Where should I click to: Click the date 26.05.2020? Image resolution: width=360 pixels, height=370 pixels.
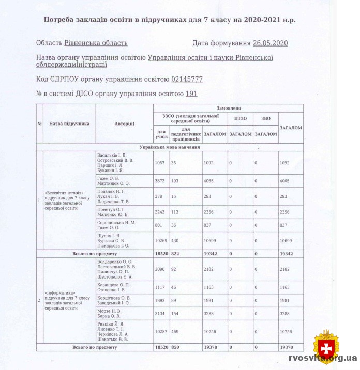[x=270, y=43]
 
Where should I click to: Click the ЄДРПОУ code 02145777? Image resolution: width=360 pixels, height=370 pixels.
[x=187, y=79]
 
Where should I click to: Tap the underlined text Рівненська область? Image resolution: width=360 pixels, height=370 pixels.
[x=96, y=43]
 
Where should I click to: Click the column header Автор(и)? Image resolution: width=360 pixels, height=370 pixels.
[x=124, y=124]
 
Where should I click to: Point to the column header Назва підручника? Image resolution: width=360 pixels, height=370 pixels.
[x=69, y=124]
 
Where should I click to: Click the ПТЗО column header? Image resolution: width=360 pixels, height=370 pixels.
[x=241, y=118]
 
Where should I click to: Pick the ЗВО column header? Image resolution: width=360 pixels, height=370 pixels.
[x=266, y=118]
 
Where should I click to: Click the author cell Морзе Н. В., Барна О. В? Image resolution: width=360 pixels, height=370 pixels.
[x=109, y=314]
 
